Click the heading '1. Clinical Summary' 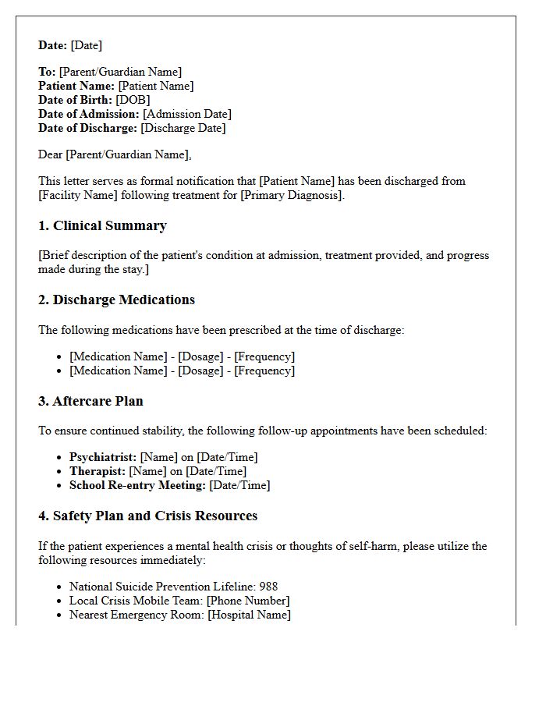tap(102, 226)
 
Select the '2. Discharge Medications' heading tap(116, 300)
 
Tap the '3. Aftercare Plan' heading tap(90, 402)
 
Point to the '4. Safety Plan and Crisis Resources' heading tap(147, 516)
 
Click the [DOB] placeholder tap(133, 100)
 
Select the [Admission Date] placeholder tap(187, 114)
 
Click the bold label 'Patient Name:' tap(76, 86)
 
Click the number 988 tap(268, 587)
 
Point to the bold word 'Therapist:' tap(97, 471)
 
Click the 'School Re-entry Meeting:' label tap(137, 485)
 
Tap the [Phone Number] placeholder tap(248, 601)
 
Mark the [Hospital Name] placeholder tap(249, 615)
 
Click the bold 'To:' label tap(47, 72)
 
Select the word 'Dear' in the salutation tap(50, 154)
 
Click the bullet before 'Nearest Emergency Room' tap(59, 615)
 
